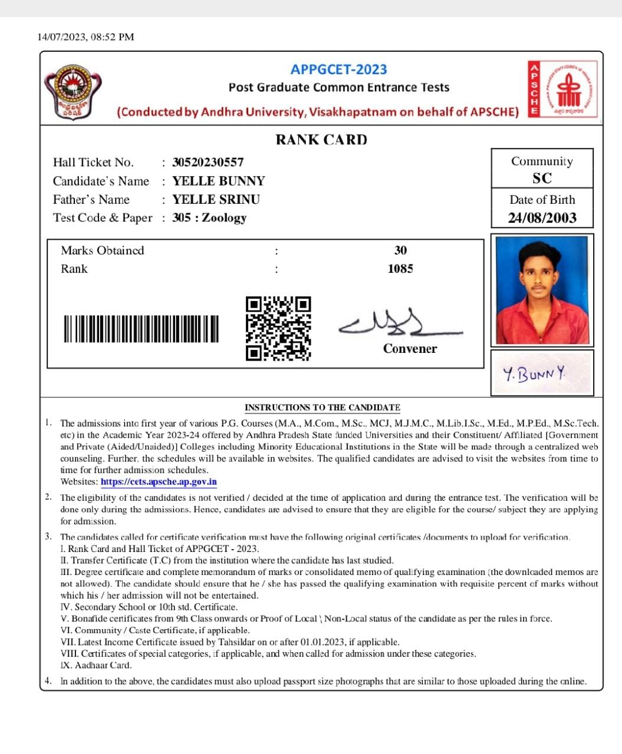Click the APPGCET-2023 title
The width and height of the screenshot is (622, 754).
pos(338,70)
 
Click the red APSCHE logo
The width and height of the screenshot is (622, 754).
pos(563,90)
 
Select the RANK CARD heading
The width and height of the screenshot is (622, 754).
pos(321,140)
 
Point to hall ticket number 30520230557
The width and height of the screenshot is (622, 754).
pos(208,162)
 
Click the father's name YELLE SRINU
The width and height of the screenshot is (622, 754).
pos(216,200)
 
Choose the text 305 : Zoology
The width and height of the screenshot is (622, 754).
pos(209,218)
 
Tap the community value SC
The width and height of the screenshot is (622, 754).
pos(542,178)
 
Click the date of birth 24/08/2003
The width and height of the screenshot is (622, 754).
pos(542,218)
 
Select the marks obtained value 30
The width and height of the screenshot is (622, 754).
pos(400,250)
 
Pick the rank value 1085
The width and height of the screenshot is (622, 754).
pos(400,269)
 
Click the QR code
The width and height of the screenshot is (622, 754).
pos(278,328)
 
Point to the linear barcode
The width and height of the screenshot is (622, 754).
pos(141,329)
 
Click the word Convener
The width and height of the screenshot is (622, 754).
pos(410,349)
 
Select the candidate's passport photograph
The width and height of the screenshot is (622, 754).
pos(542,290)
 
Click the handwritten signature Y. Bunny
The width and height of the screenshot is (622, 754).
pos(534,373)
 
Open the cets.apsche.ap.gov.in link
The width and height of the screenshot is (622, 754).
pos(159,482)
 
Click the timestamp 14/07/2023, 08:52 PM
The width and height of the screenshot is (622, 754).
pos(86,37)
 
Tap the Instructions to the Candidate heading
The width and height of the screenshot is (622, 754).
pos(322,408)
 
